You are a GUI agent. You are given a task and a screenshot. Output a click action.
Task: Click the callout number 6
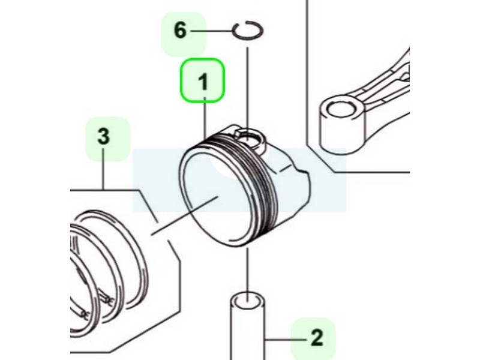(x=180, y=31)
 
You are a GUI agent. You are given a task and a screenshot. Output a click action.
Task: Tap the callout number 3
(x=104, y=136)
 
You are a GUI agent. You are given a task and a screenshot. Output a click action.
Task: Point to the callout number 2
(x=317, y=338)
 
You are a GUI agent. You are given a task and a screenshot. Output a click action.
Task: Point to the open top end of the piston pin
(x=247, y=300)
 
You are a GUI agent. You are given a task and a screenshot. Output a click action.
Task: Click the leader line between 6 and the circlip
(x=211, y=31)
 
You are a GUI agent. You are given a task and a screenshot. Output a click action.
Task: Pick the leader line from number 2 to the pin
(x=286, y=339)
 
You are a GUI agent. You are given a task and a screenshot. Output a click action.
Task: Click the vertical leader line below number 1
(x=205, y=118)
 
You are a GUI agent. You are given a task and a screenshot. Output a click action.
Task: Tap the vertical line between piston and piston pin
(x=248, y=270)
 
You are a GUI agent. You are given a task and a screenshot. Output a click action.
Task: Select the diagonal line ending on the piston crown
(x=185, y=216)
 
